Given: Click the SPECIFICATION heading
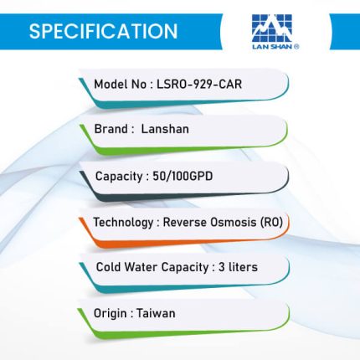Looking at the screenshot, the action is [x=103, y=31].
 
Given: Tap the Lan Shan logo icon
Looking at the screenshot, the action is [x=272, y=28].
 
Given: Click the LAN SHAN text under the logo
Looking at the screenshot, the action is [x=275, y=47].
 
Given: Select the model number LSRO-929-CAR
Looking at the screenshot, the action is [x=199, y=84].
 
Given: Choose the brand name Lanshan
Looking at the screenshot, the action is [x=165, y=129].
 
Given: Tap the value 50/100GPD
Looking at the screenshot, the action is [x=183, y=176].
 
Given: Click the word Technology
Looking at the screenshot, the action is [x=123, y=223].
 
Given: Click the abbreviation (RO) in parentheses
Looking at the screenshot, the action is [x=271, y=223].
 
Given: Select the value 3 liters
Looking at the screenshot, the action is [x=238, y=267].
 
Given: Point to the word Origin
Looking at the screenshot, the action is [x=110, y=314].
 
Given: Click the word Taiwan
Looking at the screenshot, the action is [x=156, y=313].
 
